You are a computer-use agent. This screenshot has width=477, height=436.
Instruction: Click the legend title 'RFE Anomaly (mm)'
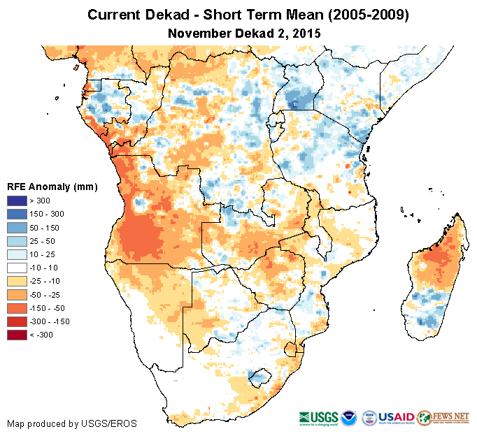coord(52,187)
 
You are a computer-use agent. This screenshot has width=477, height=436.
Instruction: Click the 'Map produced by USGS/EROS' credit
coord(72,423)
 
